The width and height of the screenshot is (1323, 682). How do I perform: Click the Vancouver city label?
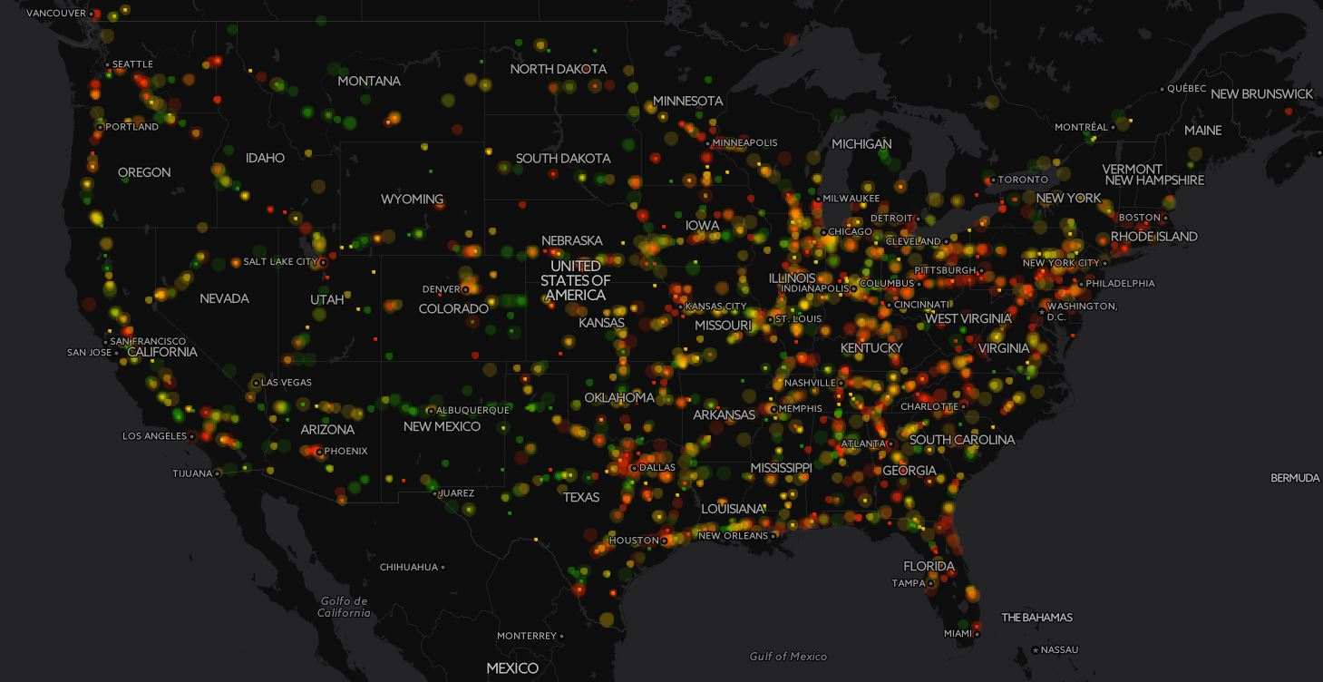coord(56,14)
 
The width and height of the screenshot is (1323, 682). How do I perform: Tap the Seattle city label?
coord(132,64)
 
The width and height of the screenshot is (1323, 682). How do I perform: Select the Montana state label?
coord(369,81)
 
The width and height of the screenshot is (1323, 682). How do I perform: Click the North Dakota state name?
coord(558,69)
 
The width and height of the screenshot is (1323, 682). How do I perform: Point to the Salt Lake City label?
coord(280,262)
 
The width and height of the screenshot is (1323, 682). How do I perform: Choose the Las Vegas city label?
coord(287,383)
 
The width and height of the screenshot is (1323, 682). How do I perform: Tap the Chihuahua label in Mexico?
coord(408,568)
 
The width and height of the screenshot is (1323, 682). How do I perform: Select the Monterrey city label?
coord(527,636)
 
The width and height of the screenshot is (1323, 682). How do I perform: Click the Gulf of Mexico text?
coord(788,657)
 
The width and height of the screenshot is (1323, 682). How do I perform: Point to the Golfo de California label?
coord(344,607)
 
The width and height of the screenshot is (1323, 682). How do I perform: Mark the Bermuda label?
coord(1295,478)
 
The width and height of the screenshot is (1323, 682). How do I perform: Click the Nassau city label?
coord(1060,650)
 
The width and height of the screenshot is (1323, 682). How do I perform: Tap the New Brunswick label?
coord(1261,94)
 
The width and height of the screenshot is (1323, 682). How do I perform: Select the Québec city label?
coord(1186,89)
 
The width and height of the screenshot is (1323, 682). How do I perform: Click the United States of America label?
coord(576,280)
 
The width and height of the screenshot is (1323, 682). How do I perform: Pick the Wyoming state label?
coord(412,200)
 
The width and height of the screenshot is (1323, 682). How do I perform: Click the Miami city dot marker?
coord(977,633)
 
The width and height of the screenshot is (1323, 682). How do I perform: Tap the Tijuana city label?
coord(192,473)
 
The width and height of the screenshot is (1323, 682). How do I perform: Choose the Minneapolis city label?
coord(744,143)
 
